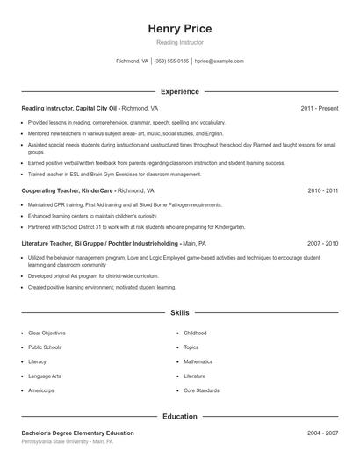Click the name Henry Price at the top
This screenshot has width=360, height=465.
[179, 29]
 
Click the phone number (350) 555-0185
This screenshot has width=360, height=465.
[172, 61]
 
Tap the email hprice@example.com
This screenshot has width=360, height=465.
[219, 61]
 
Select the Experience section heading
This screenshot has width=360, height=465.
[179, 91]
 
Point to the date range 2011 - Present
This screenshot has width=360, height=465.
[319, 108]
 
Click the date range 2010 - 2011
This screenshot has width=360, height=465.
[322, 190]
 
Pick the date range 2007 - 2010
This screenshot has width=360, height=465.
[322, 242]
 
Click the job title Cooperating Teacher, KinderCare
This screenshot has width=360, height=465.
[68, 190]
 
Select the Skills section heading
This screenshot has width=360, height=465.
[179, 312]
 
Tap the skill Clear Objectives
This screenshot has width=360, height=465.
[47, 333]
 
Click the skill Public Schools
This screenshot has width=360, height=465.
[45, 347]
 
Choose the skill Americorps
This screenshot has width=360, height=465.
[41, 390]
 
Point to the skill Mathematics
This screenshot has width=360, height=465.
[198, 361]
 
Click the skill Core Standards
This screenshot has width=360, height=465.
[201, 390]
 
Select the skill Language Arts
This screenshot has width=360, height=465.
[44, 376]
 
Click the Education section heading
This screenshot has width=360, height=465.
[179, 417]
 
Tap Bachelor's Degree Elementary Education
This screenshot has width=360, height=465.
[77, 433]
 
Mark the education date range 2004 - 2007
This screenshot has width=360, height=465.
[322, 433]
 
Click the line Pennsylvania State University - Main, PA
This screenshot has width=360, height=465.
[67, 442]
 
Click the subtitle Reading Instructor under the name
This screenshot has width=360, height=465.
[179, 43]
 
